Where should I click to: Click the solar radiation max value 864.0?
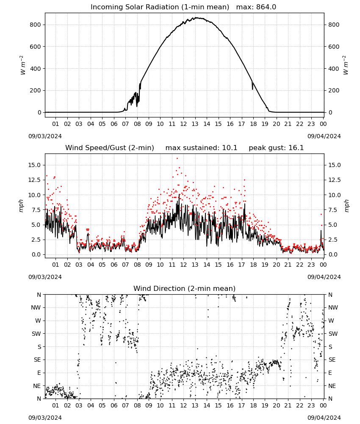pos(266,7)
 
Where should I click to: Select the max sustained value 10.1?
pos(230,148)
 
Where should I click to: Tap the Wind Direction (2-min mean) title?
pos(185,288)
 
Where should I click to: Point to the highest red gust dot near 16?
pos(177,159)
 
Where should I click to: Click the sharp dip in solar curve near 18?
pos(252,89)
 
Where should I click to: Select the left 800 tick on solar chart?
pos(36,25)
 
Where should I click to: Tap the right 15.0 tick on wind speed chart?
pos(334,165)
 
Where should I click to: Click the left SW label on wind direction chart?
pos(36,334)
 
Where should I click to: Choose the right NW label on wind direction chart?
pos(333,307)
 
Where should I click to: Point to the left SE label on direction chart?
pos(37,360)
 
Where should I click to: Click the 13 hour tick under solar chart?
pos(195,124)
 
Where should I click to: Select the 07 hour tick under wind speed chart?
pos(125,265)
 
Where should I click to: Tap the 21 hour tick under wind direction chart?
pos(288,405)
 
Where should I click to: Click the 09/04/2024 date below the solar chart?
pos(324,136)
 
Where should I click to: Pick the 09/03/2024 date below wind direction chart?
pos(45,418)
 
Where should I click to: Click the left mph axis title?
pos(21,206)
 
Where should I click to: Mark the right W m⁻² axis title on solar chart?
pos(346,65)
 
